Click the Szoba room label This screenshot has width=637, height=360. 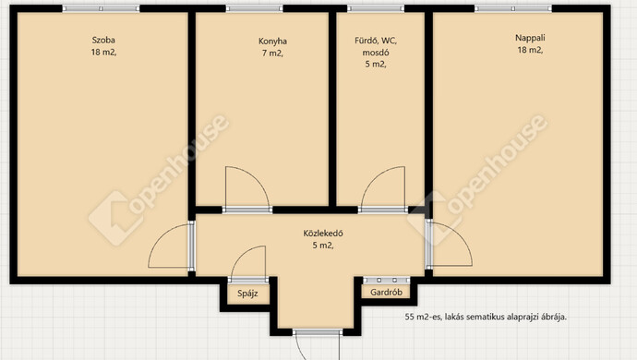[103, 41]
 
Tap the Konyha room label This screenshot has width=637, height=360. [272, 42]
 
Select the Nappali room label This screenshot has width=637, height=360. [530, 38]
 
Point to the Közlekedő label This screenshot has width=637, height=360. [323, 234]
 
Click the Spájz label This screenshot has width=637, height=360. [247, 294]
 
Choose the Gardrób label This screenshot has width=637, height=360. [386, 292]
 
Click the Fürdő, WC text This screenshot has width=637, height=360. [376, 41]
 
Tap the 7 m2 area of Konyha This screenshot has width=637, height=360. [272, 54]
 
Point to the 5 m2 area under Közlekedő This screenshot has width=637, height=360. [323, 246]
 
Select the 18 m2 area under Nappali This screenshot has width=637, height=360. [530, 50]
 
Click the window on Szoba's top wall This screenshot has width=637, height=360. [101, 8]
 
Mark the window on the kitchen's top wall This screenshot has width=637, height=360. [254, 8]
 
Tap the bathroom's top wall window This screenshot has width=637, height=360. [376, 8]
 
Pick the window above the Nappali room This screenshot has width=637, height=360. [513, 8]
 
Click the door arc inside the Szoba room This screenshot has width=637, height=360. [160, 236]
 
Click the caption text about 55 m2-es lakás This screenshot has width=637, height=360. [486, 317]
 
